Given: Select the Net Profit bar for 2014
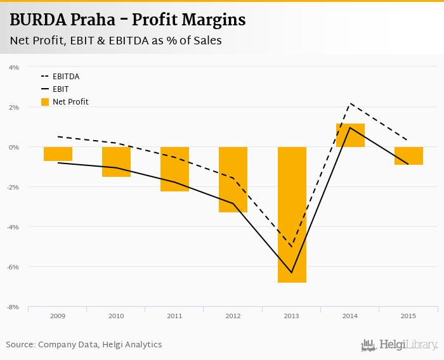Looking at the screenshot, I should click(x=350, y=135).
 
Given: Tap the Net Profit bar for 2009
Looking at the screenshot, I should click(x=58, y=154).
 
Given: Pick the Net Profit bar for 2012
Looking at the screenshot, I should click(x=233, y=179).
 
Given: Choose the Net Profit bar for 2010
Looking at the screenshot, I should click(x=116, y=162).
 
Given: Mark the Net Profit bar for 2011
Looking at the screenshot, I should click(x=174, y=169).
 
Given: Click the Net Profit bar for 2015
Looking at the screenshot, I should click(x=408, y=156).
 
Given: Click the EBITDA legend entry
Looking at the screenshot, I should click(x=66, y=77).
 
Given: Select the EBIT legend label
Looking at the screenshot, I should click(x=61, y=89).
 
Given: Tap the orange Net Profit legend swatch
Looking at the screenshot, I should click(x=45, y=101).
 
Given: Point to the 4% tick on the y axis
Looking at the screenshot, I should click(x=14, y=67).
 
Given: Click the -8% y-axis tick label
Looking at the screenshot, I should click(x=13, y=307).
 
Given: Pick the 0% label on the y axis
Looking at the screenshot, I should click(x=14, y=147).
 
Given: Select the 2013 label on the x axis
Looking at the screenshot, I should click(x=292, y=316).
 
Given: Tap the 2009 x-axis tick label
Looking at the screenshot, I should click(x=58, y=316).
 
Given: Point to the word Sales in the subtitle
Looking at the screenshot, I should click(x=207, y=41).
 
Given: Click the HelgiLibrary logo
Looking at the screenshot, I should click(x=400, y=345).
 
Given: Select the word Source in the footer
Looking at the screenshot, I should click(x=20, y=345).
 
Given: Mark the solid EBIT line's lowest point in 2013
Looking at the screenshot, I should click(x=292, y=273).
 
